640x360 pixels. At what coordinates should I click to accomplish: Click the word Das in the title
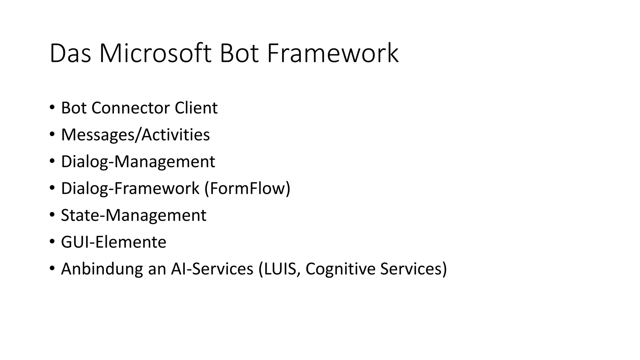pos(70,54)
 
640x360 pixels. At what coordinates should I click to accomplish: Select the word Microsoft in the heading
pos(155,54)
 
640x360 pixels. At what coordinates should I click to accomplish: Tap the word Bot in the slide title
pos(239,54)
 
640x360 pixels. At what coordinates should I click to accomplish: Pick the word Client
pos(196,108)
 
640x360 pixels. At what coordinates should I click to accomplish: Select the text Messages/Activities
pos(135,135)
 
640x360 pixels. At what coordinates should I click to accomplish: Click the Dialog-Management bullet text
pos(138,162)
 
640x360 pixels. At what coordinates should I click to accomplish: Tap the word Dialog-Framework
pos(130,188)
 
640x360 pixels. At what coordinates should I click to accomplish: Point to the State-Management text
pos(133,215)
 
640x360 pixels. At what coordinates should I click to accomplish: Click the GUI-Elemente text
pos(113,242)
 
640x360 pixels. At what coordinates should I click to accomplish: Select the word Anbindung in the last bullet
pos(102,269)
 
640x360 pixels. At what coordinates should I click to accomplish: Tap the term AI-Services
pos(212,269)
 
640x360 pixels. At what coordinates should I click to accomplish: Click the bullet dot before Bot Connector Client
pos(52,107)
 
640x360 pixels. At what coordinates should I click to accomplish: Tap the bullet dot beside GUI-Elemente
pos(52,242)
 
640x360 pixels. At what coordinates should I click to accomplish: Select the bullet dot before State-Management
pos(52,215)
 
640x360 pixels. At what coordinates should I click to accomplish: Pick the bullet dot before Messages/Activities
pos(52,134)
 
